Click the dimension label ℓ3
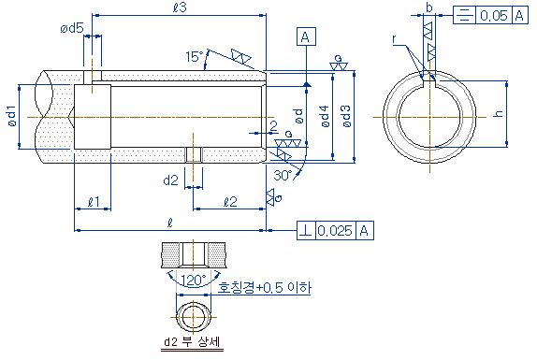coord(180,7)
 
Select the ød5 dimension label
coord(72,28)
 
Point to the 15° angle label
coord(195,56)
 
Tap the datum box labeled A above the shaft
coord(306,36)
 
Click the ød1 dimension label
coord(12,116)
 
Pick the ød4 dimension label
coord(325,116)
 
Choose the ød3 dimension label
coord(346,116)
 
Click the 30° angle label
coord(283,176)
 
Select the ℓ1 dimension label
coord(94,202)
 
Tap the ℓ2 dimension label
coord(230,202)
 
